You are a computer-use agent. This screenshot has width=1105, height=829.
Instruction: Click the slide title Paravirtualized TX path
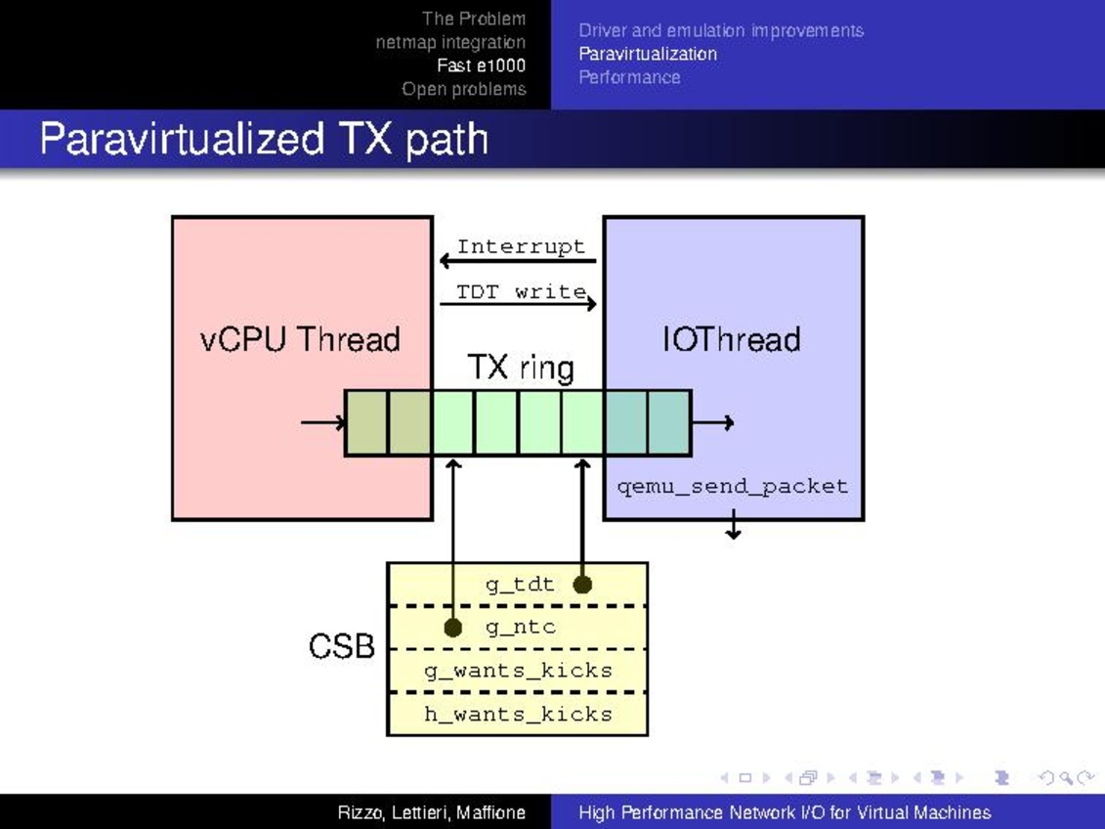pyautogui.click(x=264, y=140)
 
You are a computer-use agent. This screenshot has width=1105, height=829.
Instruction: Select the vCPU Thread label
pyautogui.click(x=300, y=339)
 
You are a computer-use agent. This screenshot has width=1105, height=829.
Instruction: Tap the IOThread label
pyautogui.click(x=732, y=339)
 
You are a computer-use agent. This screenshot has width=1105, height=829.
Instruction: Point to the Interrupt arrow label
pyautogui.click(x=521, y=246)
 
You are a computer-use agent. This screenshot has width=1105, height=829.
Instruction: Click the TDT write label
pyautogui.click(x=521, y=291)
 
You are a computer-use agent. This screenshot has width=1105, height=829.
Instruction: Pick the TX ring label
pyautogui.click(x=520, y=368)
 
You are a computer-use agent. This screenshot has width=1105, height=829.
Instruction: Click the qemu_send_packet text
pyautogui.click(x=733, y=486)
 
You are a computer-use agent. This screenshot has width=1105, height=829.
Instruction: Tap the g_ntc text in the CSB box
pyautogui.click(x=521, y=627)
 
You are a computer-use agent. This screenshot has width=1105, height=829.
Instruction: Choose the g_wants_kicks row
pyautogui.click(x=518, y=671)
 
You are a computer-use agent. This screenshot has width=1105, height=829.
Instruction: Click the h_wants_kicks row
pyautogui.click(x=518, y=714)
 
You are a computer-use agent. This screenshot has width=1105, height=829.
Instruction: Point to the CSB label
pyautogui.click(x=342, y=646)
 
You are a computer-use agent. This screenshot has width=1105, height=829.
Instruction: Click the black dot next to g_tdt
pyautogui.click(x=582, y=585)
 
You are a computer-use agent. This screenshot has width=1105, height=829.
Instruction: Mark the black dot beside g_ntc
pyautogui.click(x=453, y=627)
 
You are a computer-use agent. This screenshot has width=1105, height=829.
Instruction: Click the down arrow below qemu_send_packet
pyautogui.click(x=733, y=528)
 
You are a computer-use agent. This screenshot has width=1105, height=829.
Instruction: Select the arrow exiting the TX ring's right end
pyautogui.click(x=713, y=422)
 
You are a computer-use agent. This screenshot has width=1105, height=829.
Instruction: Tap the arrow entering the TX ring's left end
pyautogui.click(x=322, y=422)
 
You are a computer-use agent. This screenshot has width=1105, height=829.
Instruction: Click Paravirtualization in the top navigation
pyautogui.click(x=648, y=54)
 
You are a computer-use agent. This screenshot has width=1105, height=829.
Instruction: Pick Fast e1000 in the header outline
pyautogui.click(x=481, y=65)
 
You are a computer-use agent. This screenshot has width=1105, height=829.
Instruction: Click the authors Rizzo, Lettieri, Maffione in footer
pyautogui.click(x=431, y=812)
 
